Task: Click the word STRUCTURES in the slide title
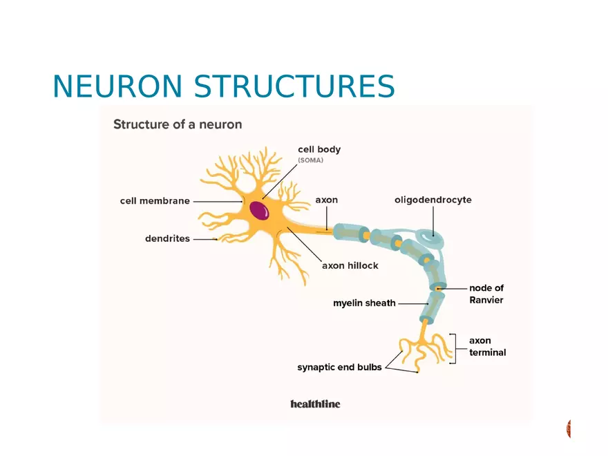click(x=294, y=87)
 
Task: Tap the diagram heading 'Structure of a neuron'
click(x=178, y=125)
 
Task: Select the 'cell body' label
click(x=319, y=149)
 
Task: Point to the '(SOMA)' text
click(x=310, y=160)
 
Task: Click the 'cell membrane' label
click(x=155, y=201)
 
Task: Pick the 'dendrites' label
click(x=167, y=239)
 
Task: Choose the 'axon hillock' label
click(x=350, y=265)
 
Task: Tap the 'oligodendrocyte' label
click(x=433, y=200)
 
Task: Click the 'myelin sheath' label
click(x=364, y=303)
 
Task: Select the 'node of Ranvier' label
click(x=486, y=294)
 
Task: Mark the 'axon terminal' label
click(x=487, y=346)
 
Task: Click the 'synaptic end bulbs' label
click(x=339, y=368)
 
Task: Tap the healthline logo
click(x=315, y=403)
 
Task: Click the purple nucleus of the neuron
click(x=260, y=209)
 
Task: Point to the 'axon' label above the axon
click(x=327, y=200)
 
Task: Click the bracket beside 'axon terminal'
click(x=453, y=348)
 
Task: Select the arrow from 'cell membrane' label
click(x=217, y=201)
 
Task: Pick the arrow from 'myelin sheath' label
click(x=413, y=303)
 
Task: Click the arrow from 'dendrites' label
click(x=205, y=240)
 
